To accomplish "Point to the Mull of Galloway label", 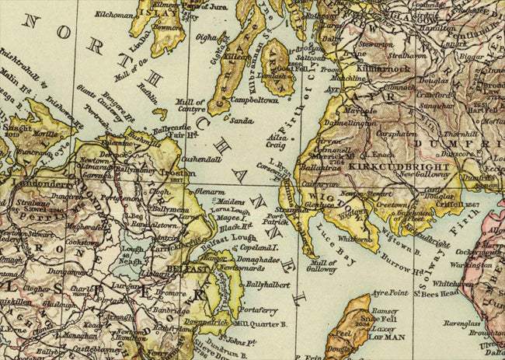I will click(322, 266).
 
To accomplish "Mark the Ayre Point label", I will click(390, 294).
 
